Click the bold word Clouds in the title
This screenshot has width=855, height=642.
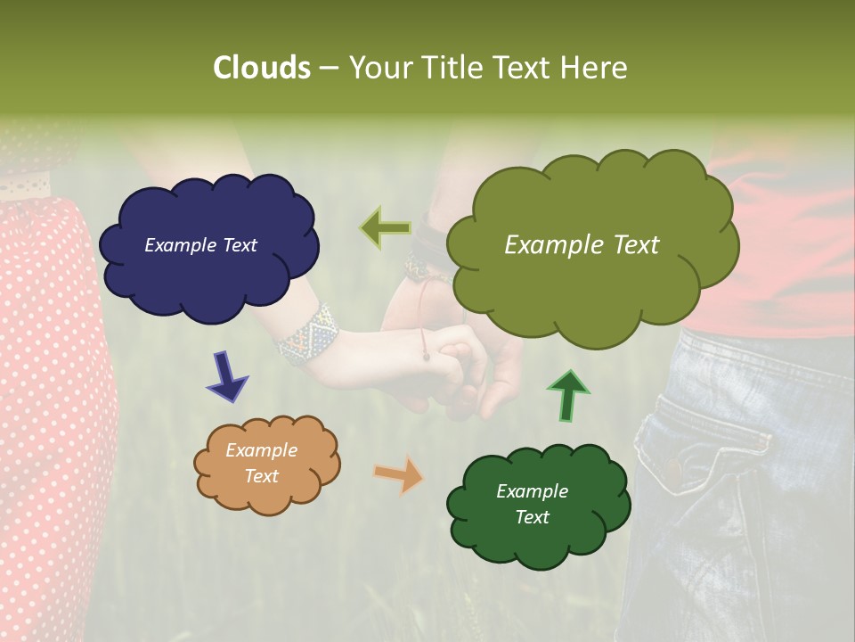(x=261, y=68)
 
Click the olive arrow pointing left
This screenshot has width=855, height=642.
(x=385, y=227)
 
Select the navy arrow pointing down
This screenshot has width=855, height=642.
(x=227, y=375)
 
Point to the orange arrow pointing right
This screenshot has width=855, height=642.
(x=398, y=473)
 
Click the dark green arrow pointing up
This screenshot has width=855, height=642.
(x=568, y=395)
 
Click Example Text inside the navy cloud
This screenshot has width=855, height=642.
(x=200, y=245)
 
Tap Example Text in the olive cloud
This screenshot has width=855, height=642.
(x=582, y=245)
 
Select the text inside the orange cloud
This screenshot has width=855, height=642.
(x=261, y=463)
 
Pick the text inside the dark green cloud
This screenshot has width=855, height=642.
(x=532, y=504)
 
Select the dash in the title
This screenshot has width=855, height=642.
(x=327, y=69)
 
